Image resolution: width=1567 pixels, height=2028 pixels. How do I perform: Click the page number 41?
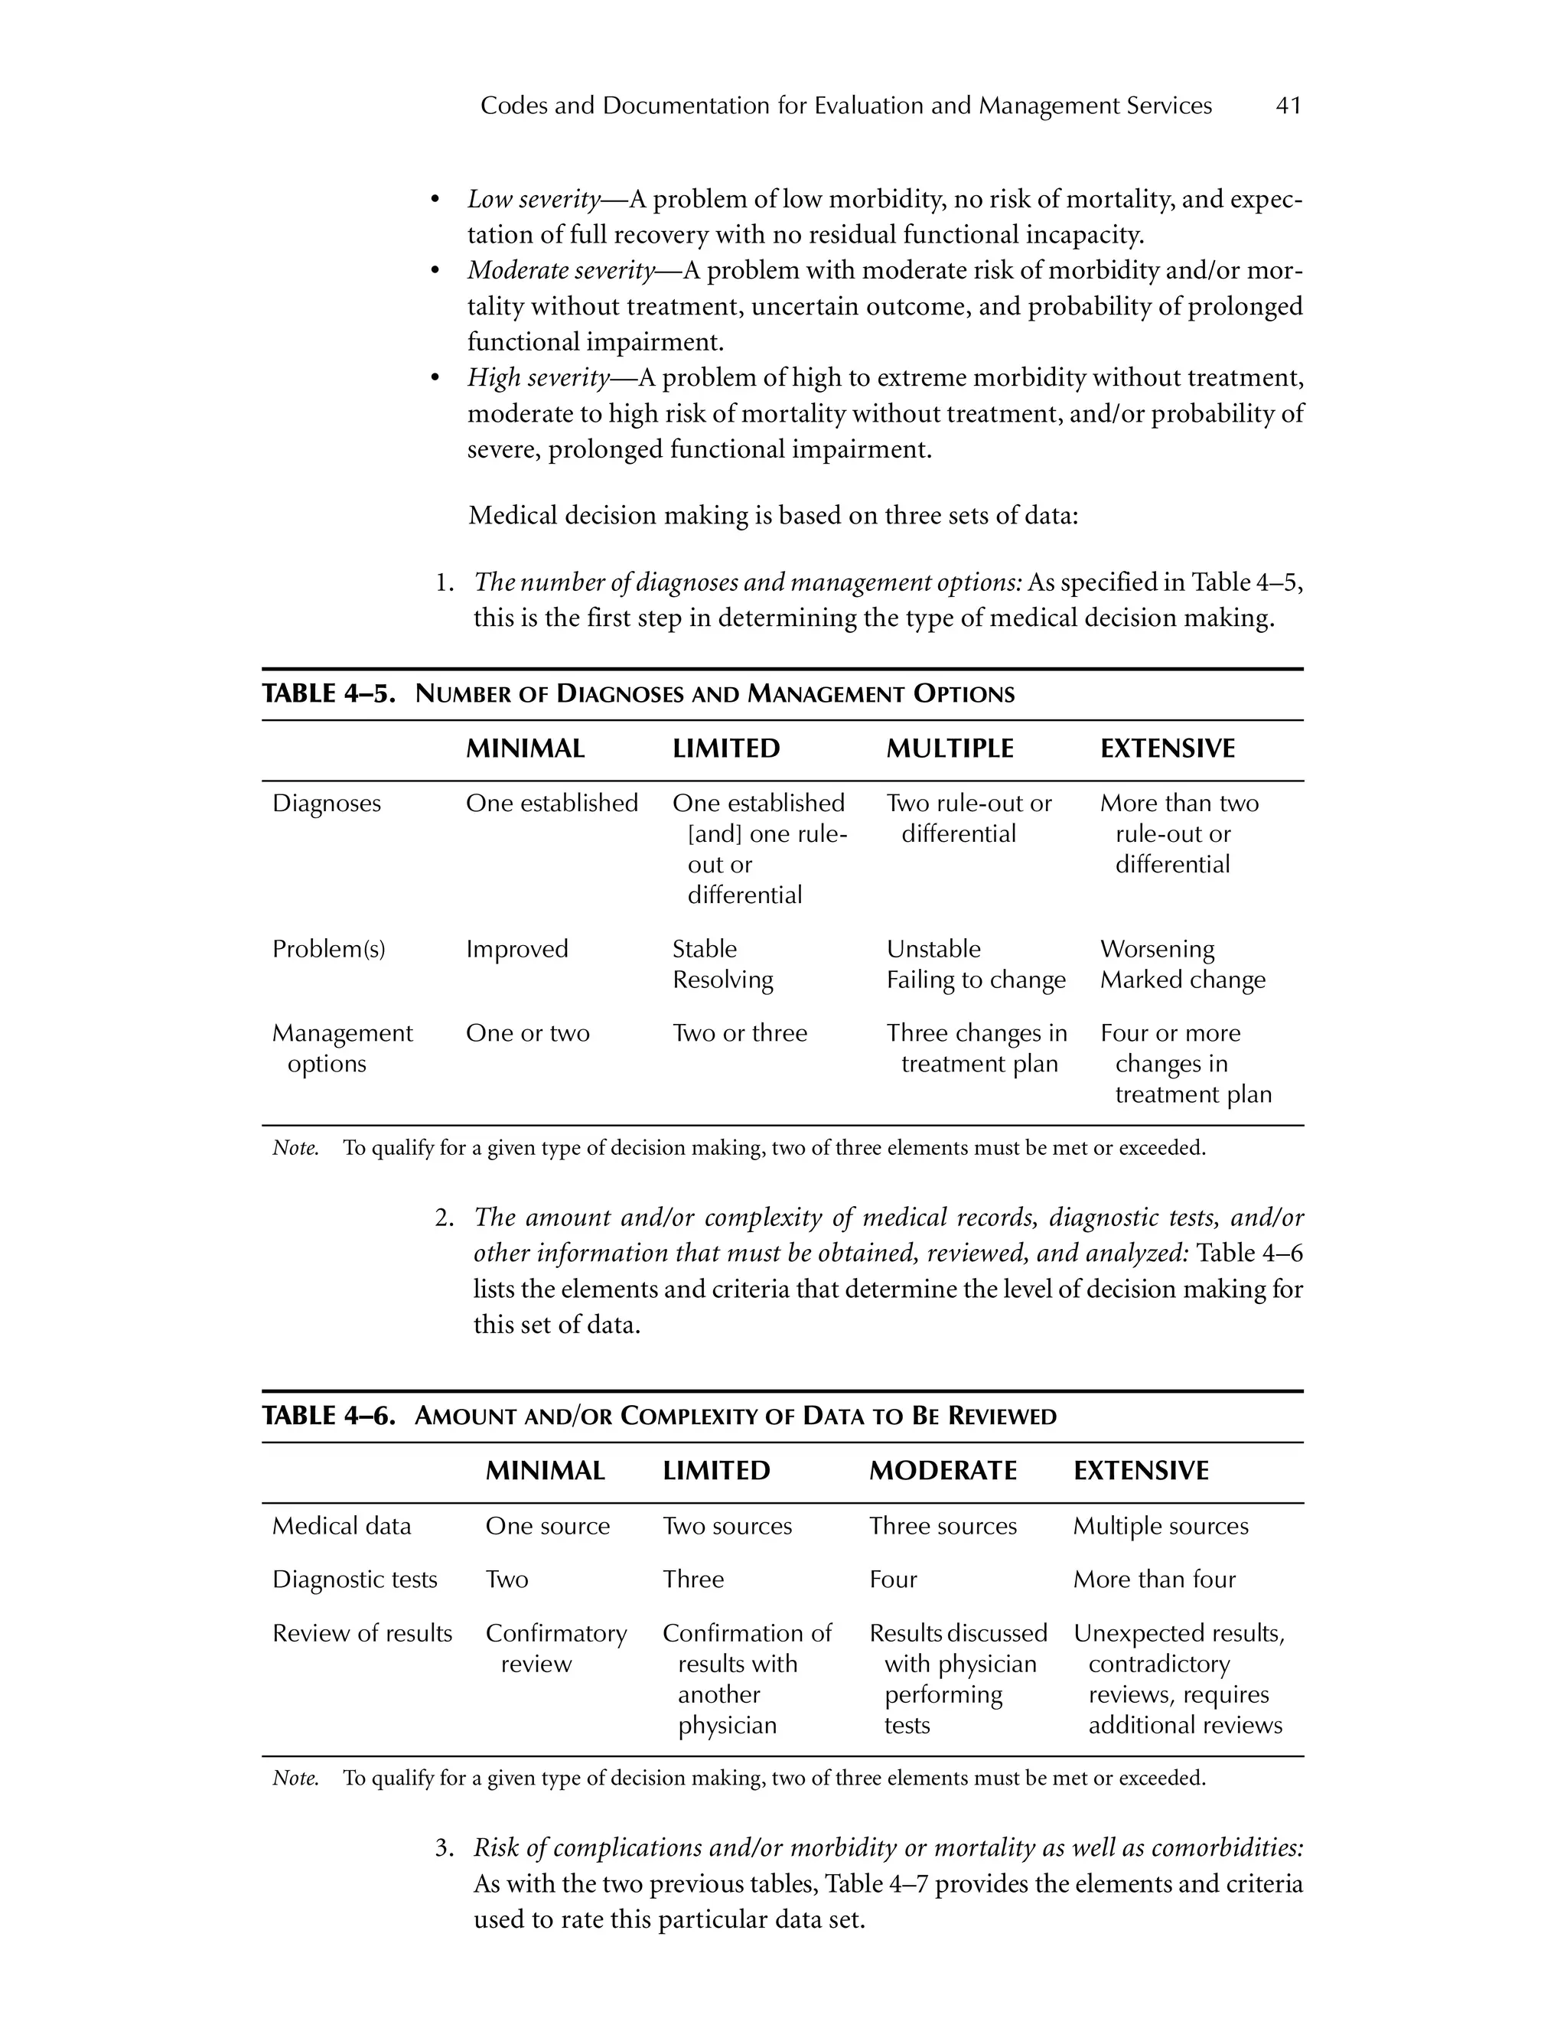pyautogui.click(x=1288, y=106)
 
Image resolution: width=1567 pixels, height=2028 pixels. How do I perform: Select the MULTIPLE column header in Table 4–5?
pyautogui.click(x=950, y=748)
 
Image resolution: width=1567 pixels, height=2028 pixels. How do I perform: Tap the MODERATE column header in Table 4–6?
pyautogui.click(x=942, y=1470)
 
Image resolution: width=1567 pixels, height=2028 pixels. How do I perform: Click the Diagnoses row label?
pyautogui.click(x=326, y=804)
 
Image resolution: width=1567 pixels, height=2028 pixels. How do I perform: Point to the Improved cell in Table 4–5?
pyautogui.click(x=516, y=949)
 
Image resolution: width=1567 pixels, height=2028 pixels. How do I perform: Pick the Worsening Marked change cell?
pyautogui.click(x=1183, y=963)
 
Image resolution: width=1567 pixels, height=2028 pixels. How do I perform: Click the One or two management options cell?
pyautogui.click(x=527, y=1032)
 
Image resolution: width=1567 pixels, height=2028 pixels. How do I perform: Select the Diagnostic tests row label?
pyautogui.click(x=353, y=1579)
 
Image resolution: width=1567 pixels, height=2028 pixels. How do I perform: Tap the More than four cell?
pyautogui.click(x=1154, y=1579)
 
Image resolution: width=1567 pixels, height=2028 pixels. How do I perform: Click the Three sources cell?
pyautogui.click(x=942, y=1526)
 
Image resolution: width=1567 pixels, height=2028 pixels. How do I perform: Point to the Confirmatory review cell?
pyautogui.click(x=555, y=1648)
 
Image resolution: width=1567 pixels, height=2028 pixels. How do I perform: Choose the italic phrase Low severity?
pyautogui.click(x=534, y=200)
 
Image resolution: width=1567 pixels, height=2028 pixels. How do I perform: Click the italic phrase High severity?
pyautogui.click(x=539, y=378)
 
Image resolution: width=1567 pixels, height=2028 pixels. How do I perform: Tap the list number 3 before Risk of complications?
pyautogui.click(x=443, y=1848)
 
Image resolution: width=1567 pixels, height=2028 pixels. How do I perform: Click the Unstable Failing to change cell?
pyautogui.click(x=976, y=963)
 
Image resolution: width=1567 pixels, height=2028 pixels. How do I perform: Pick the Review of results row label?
pyautogui.click(x=362, y=1632)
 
